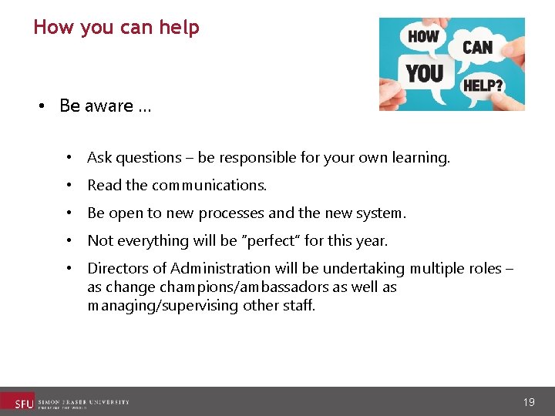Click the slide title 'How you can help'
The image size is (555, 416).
[116, 28]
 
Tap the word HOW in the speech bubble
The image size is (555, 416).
[423, 36]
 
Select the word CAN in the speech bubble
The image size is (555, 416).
[477, 47]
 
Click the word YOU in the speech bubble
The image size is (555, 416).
[425, 73]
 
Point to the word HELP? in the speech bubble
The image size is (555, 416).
[483, 85]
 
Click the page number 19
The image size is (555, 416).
[529, 402]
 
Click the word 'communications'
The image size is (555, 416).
[210, 186]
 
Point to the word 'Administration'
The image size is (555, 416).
[214, 269]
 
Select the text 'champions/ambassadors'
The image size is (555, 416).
[215, 287]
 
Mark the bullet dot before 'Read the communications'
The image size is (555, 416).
[69, 186]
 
